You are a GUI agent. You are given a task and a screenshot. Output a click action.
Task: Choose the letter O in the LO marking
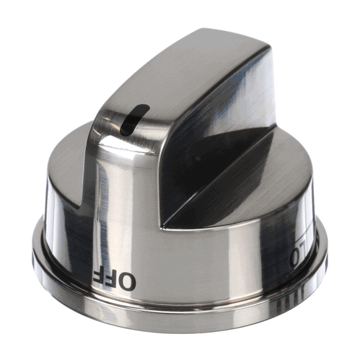coord(296,257)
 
